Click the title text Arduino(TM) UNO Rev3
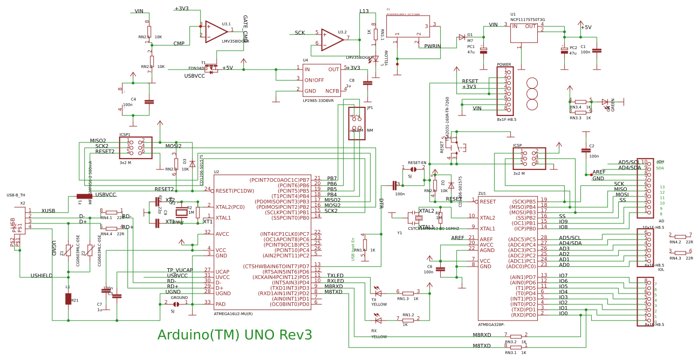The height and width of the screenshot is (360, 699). [235, 335]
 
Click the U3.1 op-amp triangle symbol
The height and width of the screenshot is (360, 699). [216, 31]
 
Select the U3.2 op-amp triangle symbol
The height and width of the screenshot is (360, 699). [332, 39]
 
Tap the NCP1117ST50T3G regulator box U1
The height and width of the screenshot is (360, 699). [524, 32]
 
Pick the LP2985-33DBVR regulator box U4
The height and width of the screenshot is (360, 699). [321, 80]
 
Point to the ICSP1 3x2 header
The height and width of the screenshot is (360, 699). [135, 147]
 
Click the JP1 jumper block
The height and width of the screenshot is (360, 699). [357, 123]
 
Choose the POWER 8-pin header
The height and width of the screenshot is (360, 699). [505, 91]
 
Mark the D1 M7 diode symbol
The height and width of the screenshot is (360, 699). [462, 37]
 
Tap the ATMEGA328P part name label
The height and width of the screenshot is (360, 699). [491, 325]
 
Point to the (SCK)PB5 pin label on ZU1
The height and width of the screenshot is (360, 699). [523, 201]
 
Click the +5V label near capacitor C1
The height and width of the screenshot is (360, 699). [586, 28]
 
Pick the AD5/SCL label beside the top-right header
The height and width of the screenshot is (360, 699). [629, 162]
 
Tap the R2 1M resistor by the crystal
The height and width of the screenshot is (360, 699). [197, 212]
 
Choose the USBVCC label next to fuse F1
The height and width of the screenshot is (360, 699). [106, 195]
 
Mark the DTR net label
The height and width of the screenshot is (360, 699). [381, 203]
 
